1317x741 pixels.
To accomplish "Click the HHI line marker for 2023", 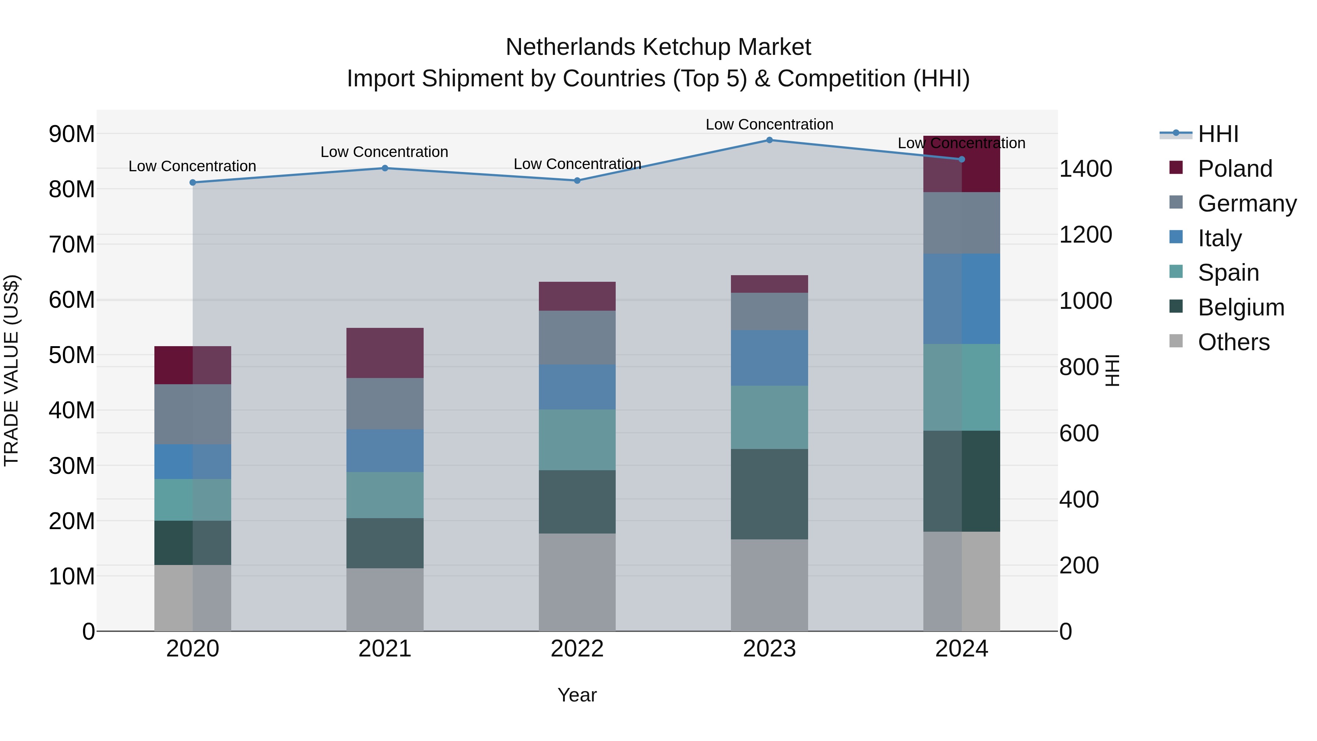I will point(769,140).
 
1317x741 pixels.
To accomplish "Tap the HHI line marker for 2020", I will point(193,183).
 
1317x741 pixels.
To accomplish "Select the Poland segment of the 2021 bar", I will point(384,353).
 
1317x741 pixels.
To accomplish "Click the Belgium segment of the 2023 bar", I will point(769,494).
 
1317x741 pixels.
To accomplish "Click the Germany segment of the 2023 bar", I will point(769,311).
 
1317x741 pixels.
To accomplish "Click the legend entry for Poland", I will point(1234,169).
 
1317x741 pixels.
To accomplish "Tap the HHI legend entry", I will point(1218,134).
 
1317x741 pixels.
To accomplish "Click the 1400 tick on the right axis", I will point(1085,169).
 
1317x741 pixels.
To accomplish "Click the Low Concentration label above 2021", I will point(384,152).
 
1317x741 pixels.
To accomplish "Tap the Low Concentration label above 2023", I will point(769,124).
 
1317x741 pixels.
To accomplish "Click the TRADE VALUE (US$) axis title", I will point(11,370).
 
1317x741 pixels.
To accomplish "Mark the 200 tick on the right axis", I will point(1079,566).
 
